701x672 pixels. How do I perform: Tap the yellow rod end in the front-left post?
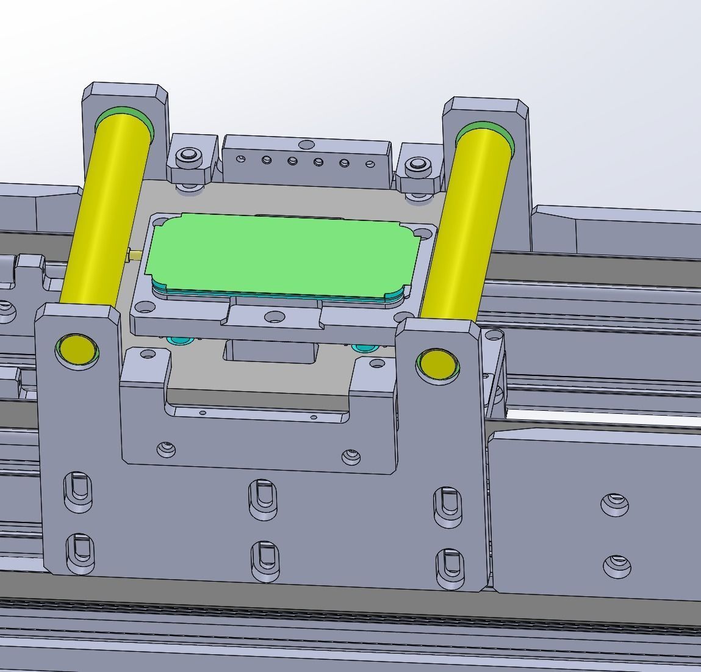[x=77, y=350]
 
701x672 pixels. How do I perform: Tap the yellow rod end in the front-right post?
[x=438, y=364]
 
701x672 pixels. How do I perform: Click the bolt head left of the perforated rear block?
[x=189, y=156]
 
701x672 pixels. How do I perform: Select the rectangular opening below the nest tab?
[x=271, y=352]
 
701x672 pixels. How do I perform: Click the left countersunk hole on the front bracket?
[x=165, y=450]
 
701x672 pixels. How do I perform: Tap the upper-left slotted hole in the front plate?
[x=78, y=491]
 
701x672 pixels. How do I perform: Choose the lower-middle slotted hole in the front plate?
[x=264, y=558]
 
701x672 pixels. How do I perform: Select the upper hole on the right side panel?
[x=614, y=505]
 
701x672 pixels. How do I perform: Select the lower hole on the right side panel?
[x=617, y=566]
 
